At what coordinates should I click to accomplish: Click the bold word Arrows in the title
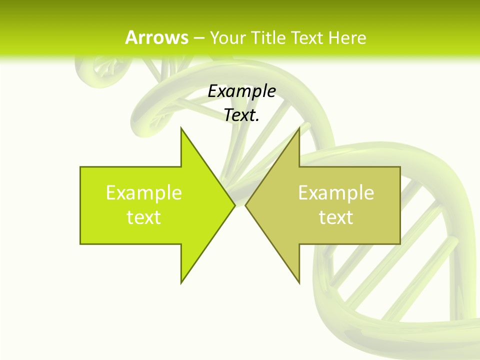click(156, 37)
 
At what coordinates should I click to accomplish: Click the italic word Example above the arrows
click(242, 91)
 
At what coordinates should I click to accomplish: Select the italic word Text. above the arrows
click(240, 115)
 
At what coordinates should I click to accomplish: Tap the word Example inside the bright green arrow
click(144, 192)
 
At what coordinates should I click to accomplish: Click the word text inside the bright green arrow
click(144, 217)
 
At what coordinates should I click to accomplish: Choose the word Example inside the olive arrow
click(336, 192)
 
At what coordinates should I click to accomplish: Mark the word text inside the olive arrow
click(336, 217)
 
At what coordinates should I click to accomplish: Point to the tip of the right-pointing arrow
click(234, 205)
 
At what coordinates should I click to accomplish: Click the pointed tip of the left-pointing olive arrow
click(246, 205)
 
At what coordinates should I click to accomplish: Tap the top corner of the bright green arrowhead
click(181, 128)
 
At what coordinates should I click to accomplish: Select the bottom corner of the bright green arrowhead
click(181, 282)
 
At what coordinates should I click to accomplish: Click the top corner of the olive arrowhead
click(298, 128)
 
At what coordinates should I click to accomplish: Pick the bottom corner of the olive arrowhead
click(298, 282)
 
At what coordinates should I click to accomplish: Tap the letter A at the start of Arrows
click(131, 37)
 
